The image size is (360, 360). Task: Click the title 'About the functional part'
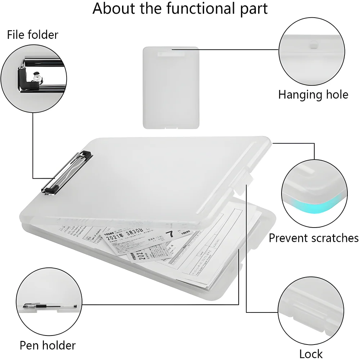click(x=180, y=9)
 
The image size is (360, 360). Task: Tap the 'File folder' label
click(x=32, y=35)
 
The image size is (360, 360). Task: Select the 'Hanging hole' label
click(x=313, y=95)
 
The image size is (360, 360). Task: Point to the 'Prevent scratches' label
click(x=314, y=238)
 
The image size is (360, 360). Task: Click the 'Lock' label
click(x=311, y=354)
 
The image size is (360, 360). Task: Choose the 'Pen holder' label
click(x=48, y=345)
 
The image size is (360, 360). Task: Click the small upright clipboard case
click(x=171, y=87)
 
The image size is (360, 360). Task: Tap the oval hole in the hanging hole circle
click(x=314, y=46)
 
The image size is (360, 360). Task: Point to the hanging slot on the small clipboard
click(x=171, y=54)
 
